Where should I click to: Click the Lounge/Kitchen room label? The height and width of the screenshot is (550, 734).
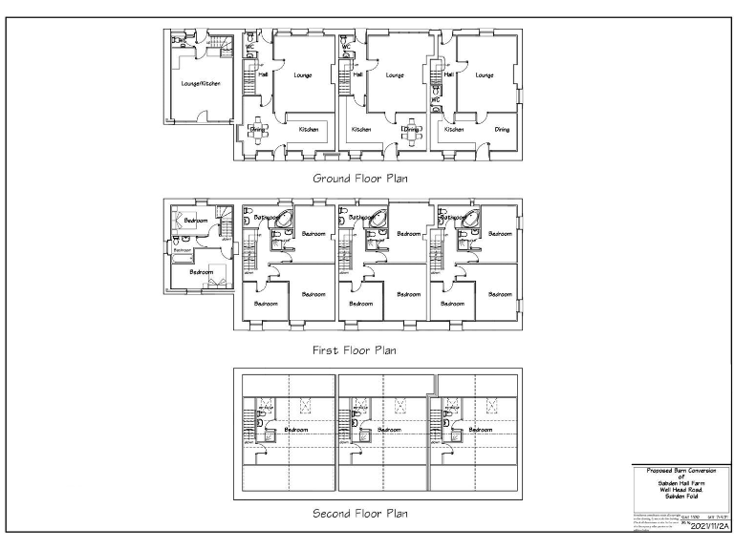pos(201,83)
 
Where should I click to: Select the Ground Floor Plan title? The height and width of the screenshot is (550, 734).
pos(360,178)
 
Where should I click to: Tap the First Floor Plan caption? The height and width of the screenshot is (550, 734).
pos(354,350)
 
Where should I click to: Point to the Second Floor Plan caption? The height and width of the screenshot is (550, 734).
pos(360,514)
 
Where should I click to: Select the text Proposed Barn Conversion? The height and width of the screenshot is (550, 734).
pos(680,471)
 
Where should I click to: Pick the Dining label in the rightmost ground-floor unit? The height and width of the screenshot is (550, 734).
pos(502,129)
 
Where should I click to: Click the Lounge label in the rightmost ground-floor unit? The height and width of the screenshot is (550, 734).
pos(485,74)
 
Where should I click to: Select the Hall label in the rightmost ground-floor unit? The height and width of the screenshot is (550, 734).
pos(447,74)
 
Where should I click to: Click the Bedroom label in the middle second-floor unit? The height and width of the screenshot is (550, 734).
pos(389,430)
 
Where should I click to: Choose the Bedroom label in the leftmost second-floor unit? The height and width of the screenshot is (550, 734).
pos(295,430)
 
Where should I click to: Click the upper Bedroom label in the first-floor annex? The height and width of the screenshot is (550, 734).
pos(196,221)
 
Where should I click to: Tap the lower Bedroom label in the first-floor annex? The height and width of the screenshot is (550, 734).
pos(201,272)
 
